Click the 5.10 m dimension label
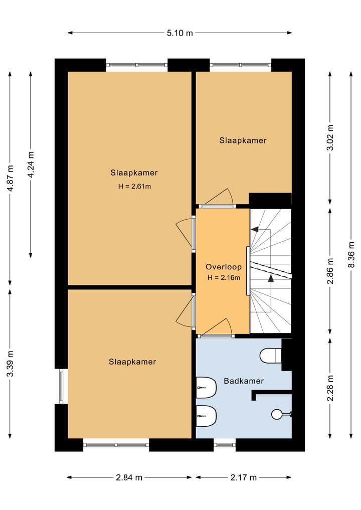click(180, 33)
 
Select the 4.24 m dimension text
click(31, 164)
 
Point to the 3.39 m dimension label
click(11, 364)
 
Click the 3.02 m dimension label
click(330, 137)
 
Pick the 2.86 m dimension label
click(330, 271)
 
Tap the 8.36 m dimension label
click(351, 255)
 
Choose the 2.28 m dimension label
click(330, 388)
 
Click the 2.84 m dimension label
click(129, 477)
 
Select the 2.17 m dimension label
click(244, 477)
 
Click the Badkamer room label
click(244, 381)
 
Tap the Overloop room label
click(224, 267)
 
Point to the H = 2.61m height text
click(135, 187)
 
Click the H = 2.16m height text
click(224, 278)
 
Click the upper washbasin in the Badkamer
click(206, 388)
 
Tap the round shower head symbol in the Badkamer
click(277, 414)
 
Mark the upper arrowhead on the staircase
click(255, 229)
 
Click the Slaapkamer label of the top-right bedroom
click(243, 140)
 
